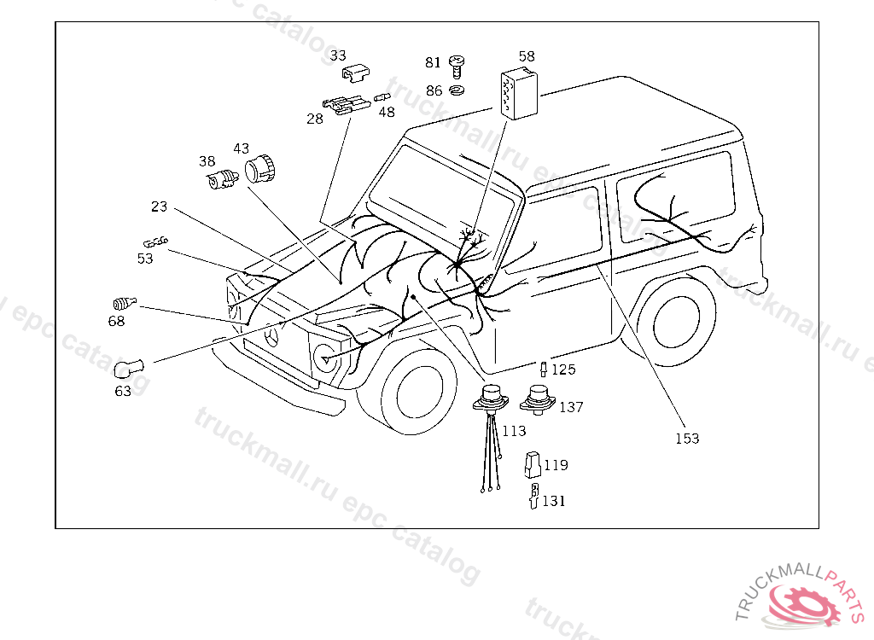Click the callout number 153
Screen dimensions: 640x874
(x=687, y=439)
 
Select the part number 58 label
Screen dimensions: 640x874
(x=527, y=56)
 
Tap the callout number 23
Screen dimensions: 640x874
(x=160, y=207)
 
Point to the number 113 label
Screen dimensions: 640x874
(x=514, y=431)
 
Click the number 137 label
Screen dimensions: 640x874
(x=571, y=407)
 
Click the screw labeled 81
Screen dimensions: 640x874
(x=457, y=64)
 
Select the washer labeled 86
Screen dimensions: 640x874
(x=457, y=90)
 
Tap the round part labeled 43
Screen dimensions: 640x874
(x=260, y=168)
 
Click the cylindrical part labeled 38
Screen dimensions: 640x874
(x=222, y=180)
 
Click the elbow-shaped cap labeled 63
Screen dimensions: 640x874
(x=128, y=369)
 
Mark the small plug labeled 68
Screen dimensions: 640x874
(x=124, y=302)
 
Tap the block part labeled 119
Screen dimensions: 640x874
(x=533, y=464)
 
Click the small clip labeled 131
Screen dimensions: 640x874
(x=533, y=497)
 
